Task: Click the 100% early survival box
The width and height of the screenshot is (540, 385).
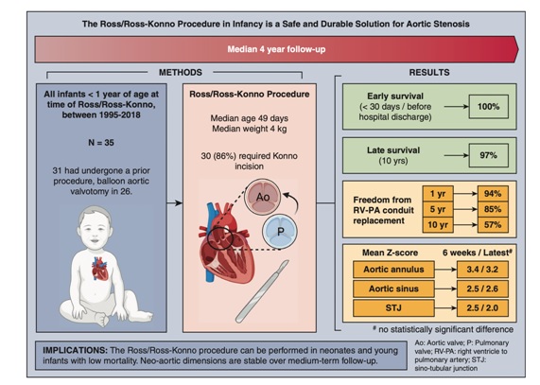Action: pyautogui.click(x=489, y=107)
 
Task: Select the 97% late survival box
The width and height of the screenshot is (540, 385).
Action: pyautogui.click(x=489, y=155)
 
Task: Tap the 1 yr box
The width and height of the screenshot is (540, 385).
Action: pyautogui.click(x=438, y=194)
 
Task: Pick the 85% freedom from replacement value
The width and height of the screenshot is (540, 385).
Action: pyautogui.click(x=493, y=209)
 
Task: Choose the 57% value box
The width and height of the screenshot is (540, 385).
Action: pyautogui.click(x=493, y=225)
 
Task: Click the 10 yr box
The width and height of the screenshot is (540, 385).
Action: pyautogui.click(x=438, y=225)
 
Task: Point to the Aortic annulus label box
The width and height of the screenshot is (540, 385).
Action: pyautogui.click(x=393, y=270)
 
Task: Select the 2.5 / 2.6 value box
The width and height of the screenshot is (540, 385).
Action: pyautogui.click(x=482, y=289)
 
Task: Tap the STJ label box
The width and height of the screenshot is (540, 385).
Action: pyautogui.click(x=393, y=307)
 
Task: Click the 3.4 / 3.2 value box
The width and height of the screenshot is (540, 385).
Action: pyautogui.click(x=482, y=270)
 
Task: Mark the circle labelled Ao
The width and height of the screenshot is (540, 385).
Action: pyautogui.click(x=263, y=197)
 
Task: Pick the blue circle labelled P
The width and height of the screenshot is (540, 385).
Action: pyautogui.click(x=280, y=231)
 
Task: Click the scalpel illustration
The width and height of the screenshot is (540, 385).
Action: pyautogui.click(x=262, y=291)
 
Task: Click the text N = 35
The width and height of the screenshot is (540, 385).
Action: pyautogui.click(x=101, y=143)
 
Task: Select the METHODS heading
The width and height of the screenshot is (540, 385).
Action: pyautogui.click(x=180, y=72)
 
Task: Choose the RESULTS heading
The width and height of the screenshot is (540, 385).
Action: pyautogui.click(x=429, y=72)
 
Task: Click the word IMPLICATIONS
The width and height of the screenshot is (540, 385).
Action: pyautogui.click(x=75, y=350)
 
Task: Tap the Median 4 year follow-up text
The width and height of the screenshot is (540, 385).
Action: pyautogui.click(x=276, y=49)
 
